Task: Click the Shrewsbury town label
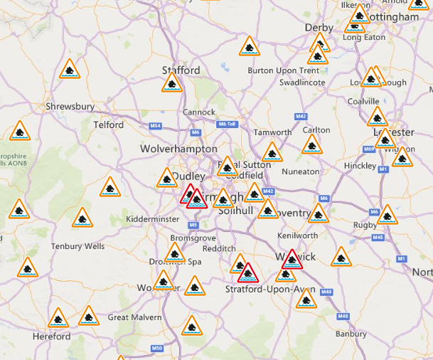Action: (x=70, y=107)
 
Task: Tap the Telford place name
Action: (x=109, y=125)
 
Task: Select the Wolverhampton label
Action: (x=178, y=149)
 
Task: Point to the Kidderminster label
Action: (x=154, y=219)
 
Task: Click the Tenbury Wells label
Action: (x=77, y=246)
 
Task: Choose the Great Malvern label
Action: (x=134, y=317)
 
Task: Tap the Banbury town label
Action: (x=351, y=334)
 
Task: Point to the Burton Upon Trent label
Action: (x=283, y=70)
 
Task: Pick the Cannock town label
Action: (x=199, y=112)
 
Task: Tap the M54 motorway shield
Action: (x=156, y=126)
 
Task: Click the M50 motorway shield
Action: (x=157, y=348)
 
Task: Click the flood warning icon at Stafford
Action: (x=171, y=83)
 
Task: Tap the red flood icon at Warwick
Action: (x=290, y=260)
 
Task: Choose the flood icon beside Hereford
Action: (x=58, y=318)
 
